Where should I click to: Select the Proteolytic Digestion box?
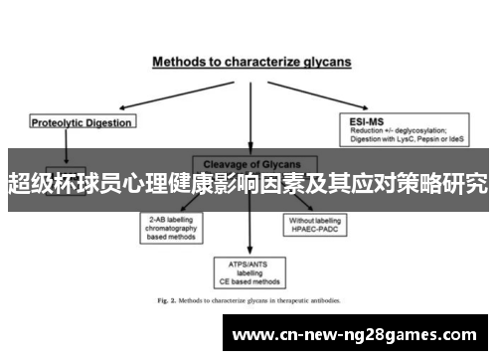[x=82, y=122]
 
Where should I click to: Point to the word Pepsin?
[x=422, y=139]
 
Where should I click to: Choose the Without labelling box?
[x=315, y=221]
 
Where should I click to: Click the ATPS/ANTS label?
[x=248, y=265]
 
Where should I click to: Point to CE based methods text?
[x=248, y=280]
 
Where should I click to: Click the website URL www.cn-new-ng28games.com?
[x=360, y=334]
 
